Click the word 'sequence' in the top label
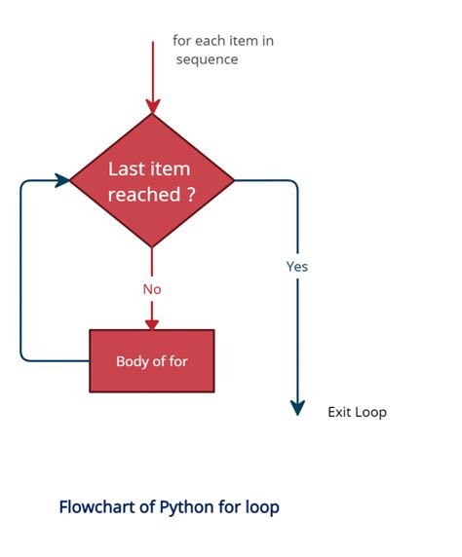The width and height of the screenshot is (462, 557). (207, 59)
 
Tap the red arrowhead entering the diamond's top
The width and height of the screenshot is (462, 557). (153, 106)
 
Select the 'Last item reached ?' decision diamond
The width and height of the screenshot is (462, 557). (152, 180)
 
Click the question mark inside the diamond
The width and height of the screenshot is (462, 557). (191, 194)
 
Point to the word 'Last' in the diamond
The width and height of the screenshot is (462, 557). (124, 168)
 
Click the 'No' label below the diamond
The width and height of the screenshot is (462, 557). (152, 289)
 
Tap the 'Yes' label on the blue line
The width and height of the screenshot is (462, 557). (297, 267)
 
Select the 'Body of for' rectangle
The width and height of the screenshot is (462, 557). (152, 361)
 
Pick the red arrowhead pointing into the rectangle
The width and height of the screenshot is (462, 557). (152, 324)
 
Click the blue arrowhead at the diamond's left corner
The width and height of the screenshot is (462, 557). (62, 180)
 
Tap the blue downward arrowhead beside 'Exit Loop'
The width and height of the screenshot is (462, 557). (297, 408)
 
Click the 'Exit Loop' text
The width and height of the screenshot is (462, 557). (357, 412)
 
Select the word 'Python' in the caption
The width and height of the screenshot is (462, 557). (187, 507)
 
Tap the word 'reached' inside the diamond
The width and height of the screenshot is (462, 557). (144, 195)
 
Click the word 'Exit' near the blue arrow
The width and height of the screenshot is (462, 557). (339, 412)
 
